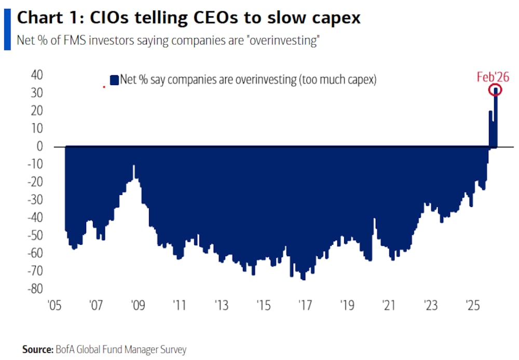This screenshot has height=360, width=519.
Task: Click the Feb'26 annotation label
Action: [493, 77]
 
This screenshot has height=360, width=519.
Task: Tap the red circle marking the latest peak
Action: [496, 90]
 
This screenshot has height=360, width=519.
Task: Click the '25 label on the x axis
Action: [473, 304]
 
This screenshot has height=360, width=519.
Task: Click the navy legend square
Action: [114, 80]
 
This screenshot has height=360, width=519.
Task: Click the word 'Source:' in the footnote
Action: [37, 350]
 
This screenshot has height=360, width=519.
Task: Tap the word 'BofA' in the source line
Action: [65, 350]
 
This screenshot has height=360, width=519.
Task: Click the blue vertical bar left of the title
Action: [7, 29]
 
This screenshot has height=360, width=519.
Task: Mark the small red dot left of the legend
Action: [104, 87]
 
